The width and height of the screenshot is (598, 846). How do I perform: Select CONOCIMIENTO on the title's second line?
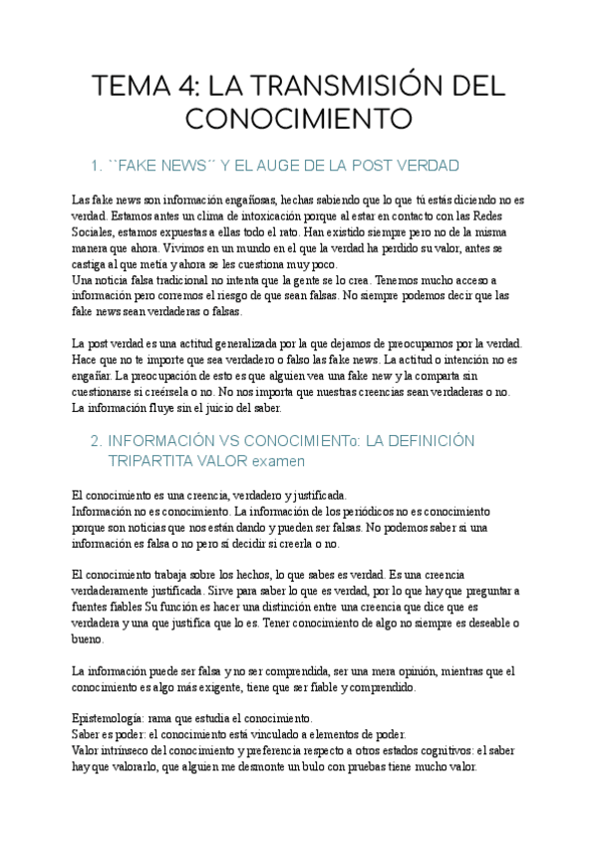(299, 118)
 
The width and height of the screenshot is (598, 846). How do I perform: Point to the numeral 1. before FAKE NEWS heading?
(97, 165)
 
